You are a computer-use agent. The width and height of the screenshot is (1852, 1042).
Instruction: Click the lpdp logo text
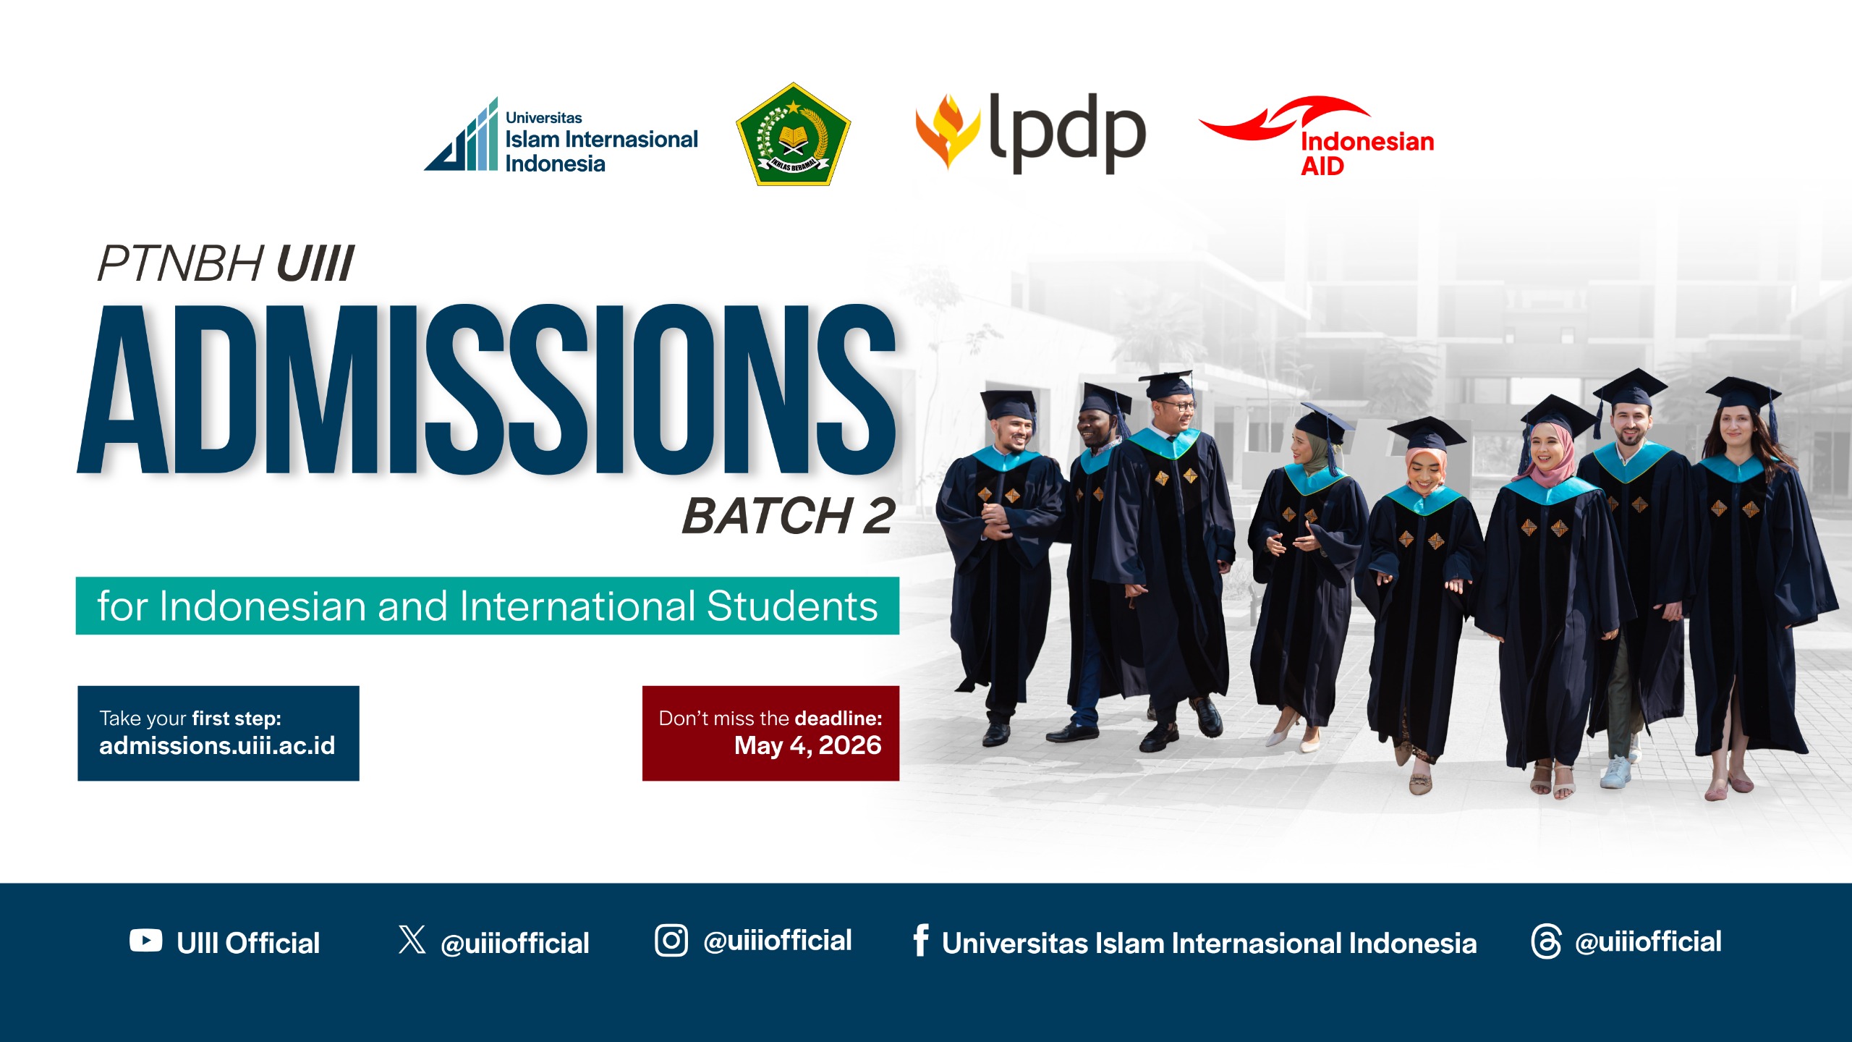click(1067, 134)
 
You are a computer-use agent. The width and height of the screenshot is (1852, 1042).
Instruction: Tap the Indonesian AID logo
click(1317, 136)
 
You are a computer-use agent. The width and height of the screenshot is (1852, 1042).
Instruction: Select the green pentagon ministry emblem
click(793, 135)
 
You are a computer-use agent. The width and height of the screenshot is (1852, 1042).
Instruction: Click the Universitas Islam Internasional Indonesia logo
click(561, 136)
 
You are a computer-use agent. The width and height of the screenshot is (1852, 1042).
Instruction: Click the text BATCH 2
click(789, 517)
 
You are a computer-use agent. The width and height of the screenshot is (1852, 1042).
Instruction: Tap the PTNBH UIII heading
click(226, 263)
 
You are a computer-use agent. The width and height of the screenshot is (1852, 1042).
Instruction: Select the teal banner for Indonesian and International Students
click(488, 606)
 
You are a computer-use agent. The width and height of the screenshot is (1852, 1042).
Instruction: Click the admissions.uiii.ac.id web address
click(217, 746)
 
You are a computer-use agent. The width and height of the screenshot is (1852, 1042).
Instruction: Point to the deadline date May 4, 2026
click(807, 746)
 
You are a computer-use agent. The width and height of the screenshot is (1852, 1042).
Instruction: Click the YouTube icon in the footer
click(146, 941)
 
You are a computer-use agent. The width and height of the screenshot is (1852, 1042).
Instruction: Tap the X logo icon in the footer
click(412, 939)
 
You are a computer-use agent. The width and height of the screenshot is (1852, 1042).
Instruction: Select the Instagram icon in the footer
click(671, 941)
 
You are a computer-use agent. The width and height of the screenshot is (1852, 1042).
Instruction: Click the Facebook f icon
click(921, 940)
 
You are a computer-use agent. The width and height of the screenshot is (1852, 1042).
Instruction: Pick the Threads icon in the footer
click(1547, 941)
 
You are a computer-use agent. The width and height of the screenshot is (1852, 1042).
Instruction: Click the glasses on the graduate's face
click(1178, 406)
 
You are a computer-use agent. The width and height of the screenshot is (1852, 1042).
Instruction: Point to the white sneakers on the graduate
click(1617, 771)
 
